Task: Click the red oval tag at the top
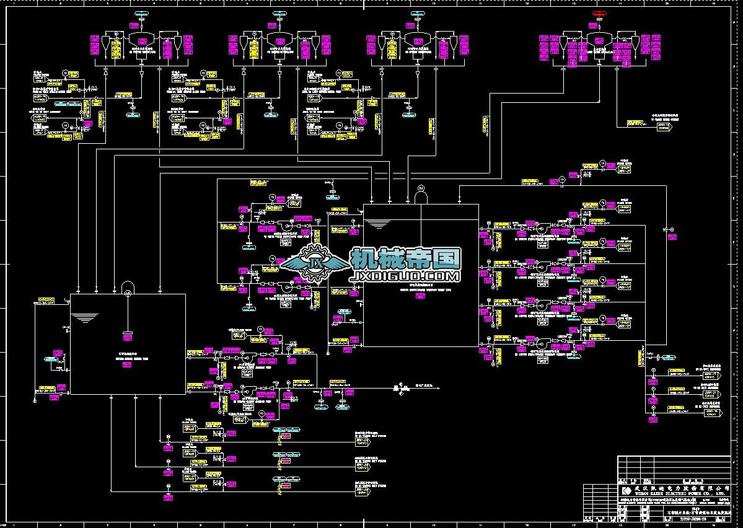[599, 13]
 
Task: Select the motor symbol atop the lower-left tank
[128, 286]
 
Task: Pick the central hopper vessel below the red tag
[599, 41]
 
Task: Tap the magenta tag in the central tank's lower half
[421, 296]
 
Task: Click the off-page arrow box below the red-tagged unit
[663, 126]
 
